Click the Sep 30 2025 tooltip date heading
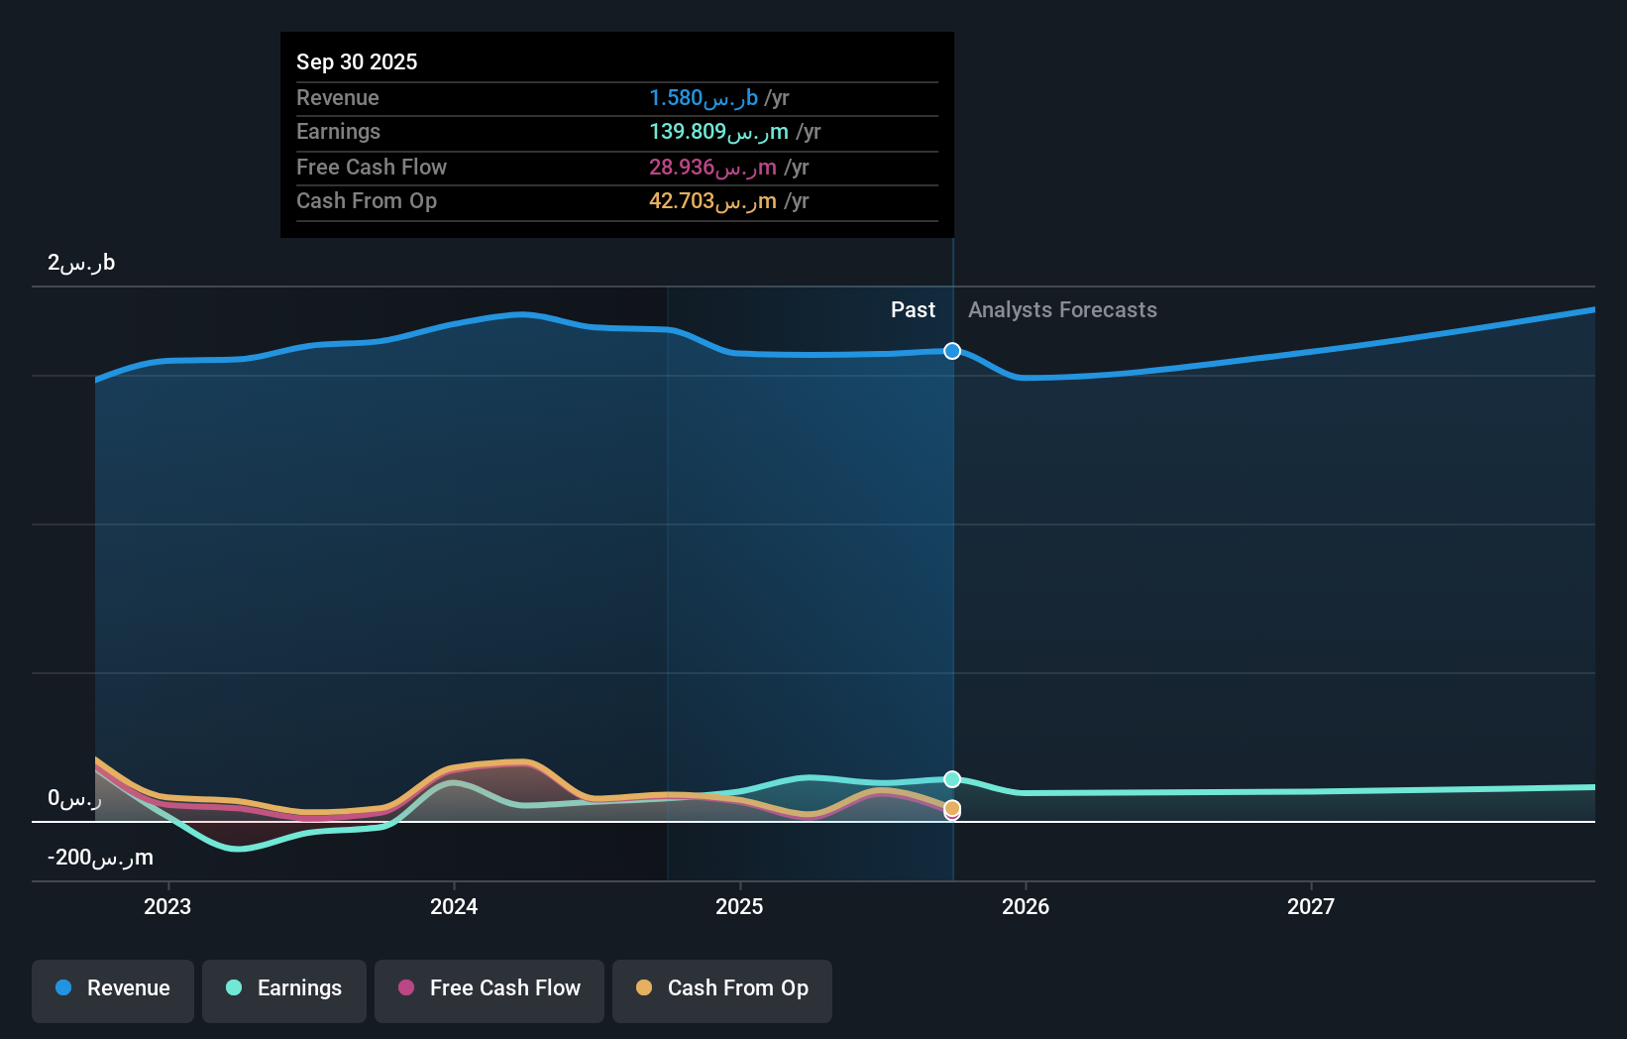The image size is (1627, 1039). pyautogui.click(x=357, y=61)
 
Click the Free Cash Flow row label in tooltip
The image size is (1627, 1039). pyautogui.click(x=372, y=168)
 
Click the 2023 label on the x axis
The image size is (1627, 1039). pyautogui.click(x=167, y=906)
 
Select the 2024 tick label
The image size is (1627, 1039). pyautogui.click(x=454, y=906)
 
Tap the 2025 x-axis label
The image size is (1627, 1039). pyautogui.click(x=739, y=906)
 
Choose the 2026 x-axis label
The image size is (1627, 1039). pyautogui.click(x=1026, y=906)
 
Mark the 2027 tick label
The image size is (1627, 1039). pyautogui.click(x=1311, y=906)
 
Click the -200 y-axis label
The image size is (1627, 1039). pyautogui.click(x=100, y=858)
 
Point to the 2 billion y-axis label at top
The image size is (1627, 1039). pyautogui.click(x=81, y=263)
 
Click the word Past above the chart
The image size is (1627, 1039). pyautogui.click(x=913, y=310)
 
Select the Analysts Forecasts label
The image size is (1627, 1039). pyautogui.click(x=1062, y=310)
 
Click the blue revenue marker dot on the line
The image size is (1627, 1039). pyautogui.click(x=952, y=351)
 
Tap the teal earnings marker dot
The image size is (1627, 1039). pyautogui.click(x=952, y=779)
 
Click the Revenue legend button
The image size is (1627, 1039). pyautogui.click(x=113, y=988)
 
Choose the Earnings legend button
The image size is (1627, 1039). pyautogui.click(x=284, y=988)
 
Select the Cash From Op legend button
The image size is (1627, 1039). pyautogui.click(x=722, y=988)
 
